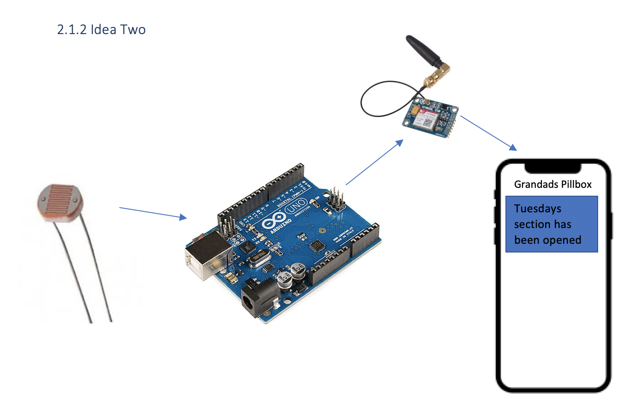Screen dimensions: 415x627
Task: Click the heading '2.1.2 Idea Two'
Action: [x=101, y=30]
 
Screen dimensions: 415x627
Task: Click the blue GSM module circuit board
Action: [x=430, y=118]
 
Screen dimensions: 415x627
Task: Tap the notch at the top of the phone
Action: [x=553, y=168]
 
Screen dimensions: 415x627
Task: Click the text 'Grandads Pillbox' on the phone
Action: [x=553, y=184]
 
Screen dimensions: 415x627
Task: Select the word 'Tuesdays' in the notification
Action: [x=537, y=209]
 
